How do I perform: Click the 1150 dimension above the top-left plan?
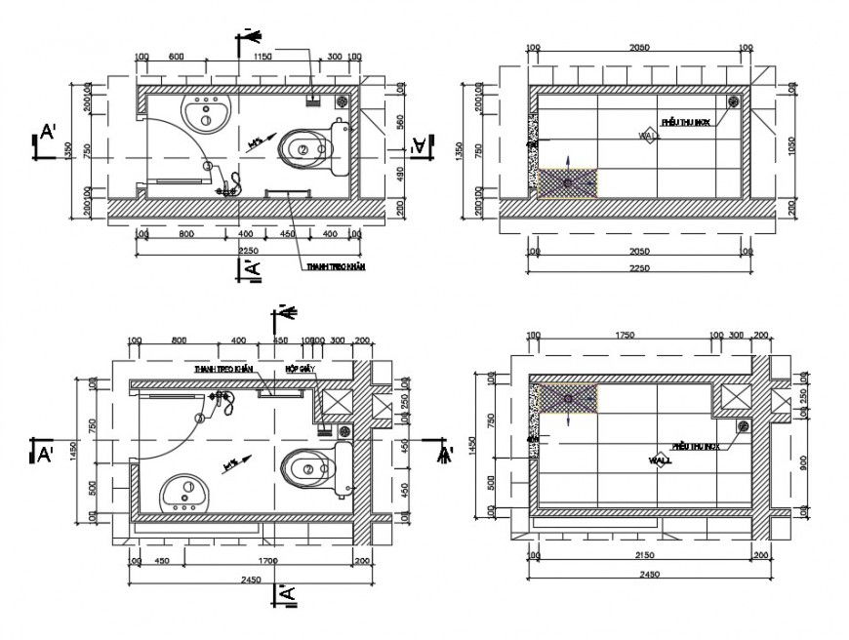coord(262,59)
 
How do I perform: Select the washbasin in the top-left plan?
coord(206,113)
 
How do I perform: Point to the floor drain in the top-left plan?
coord(342,99)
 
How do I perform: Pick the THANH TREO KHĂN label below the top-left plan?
coord(335,266)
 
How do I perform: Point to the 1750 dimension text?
coord(625,336)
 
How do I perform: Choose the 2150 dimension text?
coord(642,555)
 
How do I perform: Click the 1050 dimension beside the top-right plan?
coord(792,151)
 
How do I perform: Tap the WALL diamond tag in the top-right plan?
coord(648,137)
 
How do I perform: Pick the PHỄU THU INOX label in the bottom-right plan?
coord(697,447)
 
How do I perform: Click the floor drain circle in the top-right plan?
coord(733,100)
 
